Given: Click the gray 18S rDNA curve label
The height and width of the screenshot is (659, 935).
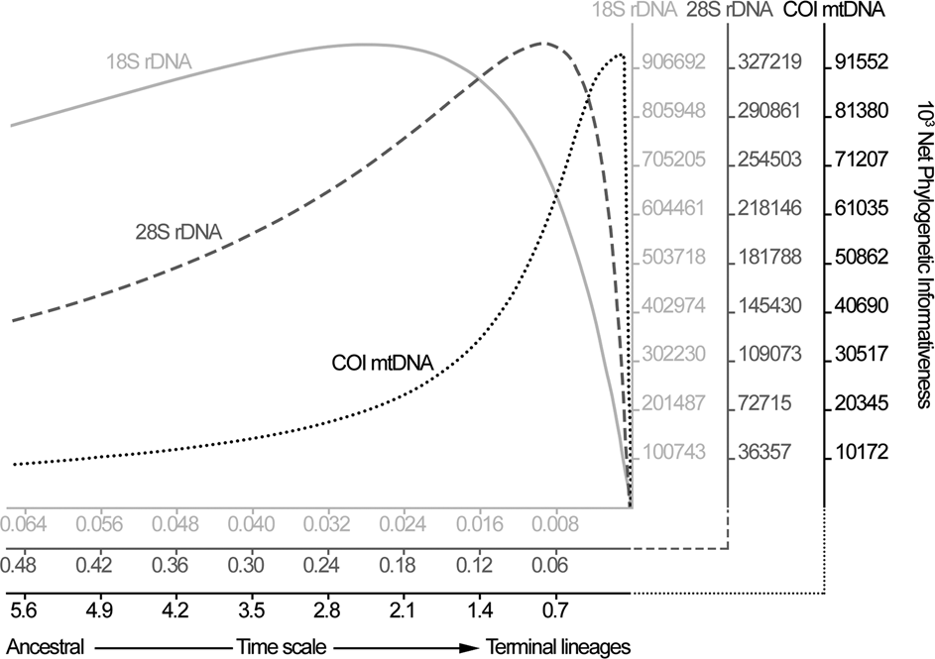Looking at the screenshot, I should click(x=149, y=62).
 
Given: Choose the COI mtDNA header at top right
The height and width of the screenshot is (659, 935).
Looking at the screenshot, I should click(x=834, y=12).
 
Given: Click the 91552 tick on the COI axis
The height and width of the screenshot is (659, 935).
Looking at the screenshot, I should click(x=862, y=62).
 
